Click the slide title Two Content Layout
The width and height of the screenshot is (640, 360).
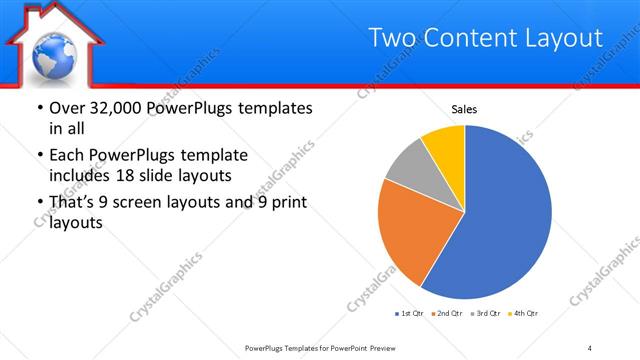coord(486,38)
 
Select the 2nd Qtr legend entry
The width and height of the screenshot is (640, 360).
coord(447,314)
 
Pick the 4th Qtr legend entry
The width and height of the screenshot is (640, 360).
coord(523,314)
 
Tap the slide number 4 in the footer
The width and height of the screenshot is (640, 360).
coord(590,347)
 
